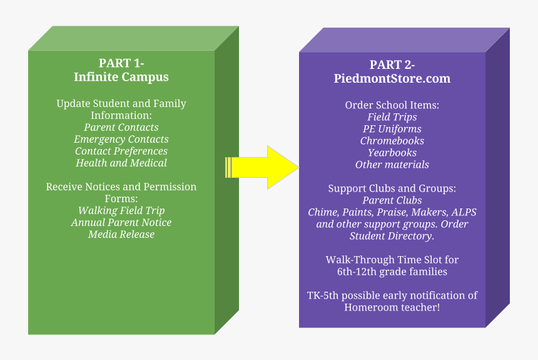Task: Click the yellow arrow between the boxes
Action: [x=266, y=167]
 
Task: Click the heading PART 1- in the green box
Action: [x=121, y=63]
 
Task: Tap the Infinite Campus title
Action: [x=121, y=78]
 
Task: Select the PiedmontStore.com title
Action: [x=392, y=79]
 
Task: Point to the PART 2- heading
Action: [x=392, y=64]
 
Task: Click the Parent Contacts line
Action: [x=121, y=127]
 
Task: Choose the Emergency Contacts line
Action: [x=121, y=139]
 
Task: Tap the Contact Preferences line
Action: [x=121, y=151]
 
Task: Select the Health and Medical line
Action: [x=121, y=163]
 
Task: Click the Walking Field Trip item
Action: [x=121, y=210]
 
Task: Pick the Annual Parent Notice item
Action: [x=121, y=222]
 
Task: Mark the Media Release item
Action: [x=121, y=234]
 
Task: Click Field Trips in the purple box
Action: [x=392, y=117]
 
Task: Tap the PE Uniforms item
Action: [x=392, y=129]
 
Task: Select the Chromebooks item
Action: [x=392, y=141]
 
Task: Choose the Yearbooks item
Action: [x=392, y=153]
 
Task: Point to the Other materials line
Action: [x=392, y=165]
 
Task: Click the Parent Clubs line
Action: [x=392, y=200]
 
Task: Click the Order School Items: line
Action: [x=392, y=105]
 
